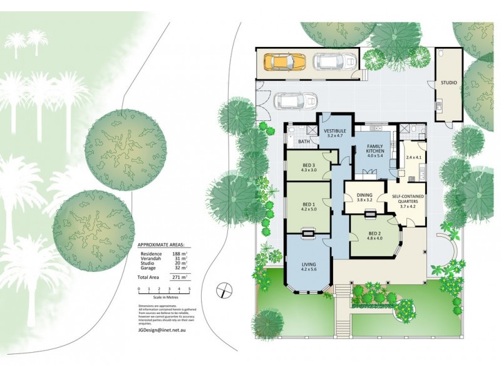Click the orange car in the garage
click(285, 61)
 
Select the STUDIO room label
click(448, 83)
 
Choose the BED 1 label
click(309, 205)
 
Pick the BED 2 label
click(374, 234)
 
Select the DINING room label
click(364, 196)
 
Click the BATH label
click(304, 142)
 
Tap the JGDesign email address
click(162, 329)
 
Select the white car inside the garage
click(334, 61)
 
